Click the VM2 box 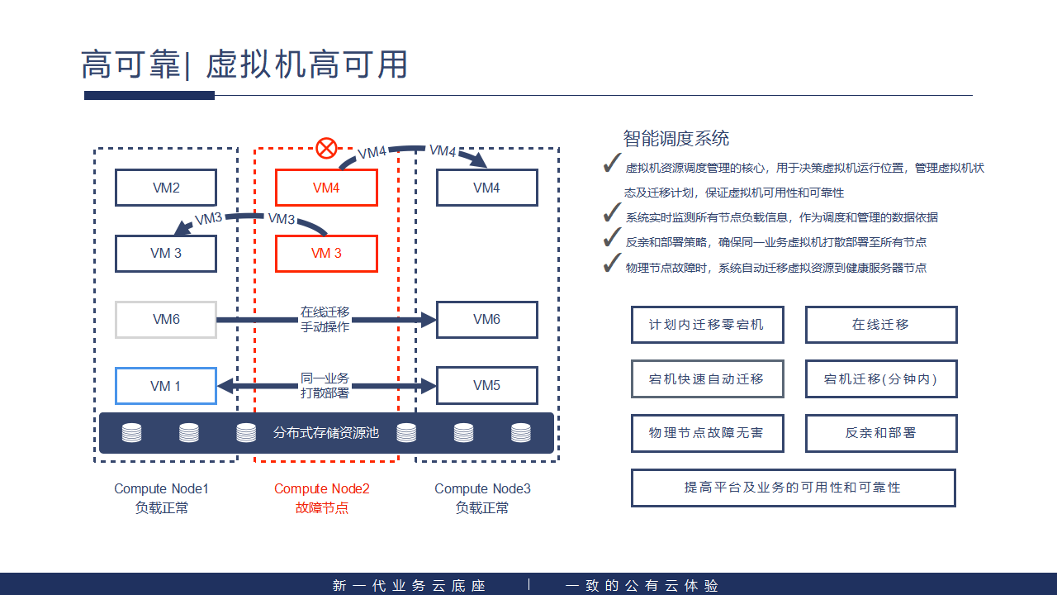pos(166,188)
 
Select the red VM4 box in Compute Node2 pos(326,188)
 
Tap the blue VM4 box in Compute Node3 pos(486,188)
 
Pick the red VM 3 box pos(326,254)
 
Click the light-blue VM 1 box pos(166,386)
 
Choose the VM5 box pos(486,386)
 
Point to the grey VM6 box pos(166,320)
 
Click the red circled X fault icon pos(327,149)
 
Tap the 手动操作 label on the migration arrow pos(325,327)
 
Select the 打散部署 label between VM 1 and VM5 pos(325,393)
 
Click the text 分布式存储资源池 pos(326,432)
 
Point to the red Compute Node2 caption pos(322,489)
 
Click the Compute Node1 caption pos(161,489)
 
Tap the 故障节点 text pos(322,508)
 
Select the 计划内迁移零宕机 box pos(707,325)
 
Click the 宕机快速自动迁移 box pos(707,379)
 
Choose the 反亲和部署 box pos(881,433)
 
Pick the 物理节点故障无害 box pos(707,433)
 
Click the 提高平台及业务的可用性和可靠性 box pos(793,488)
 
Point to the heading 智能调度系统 pos(676,139)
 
